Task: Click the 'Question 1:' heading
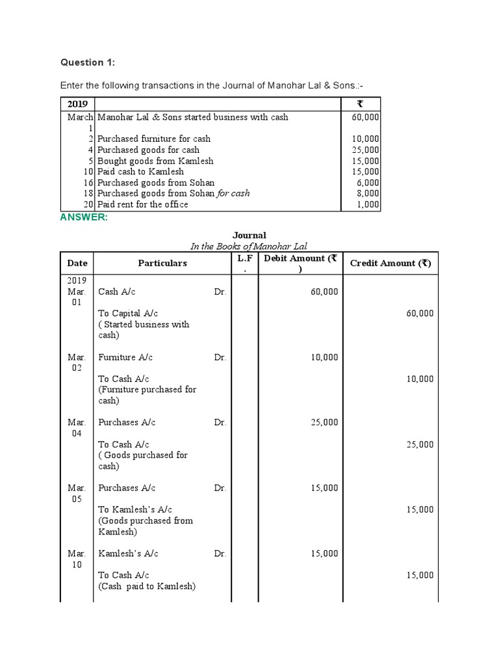(x=87, y=62)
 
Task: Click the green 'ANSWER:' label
(x=84, y=217)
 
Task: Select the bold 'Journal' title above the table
(x=249, y=235)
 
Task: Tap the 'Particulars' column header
(x=162, y=263)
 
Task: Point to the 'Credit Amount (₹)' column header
(x=390, y=263)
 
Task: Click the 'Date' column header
(x=77, y=263)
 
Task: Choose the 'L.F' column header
(x=244, y=259)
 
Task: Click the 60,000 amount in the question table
(x=366, y=117)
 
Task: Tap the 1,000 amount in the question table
(x=368, y=204)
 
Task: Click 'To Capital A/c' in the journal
(x=128, y=313)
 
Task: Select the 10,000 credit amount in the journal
(x=420, y=379)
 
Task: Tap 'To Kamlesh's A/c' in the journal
(x=135, y=510)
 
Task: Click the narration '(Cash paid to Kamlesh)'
(x=147, y=586)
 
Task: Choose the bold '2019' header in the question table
(x=77, y=104)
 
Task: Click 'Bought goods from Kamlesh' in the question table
(x=155, y=161)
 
